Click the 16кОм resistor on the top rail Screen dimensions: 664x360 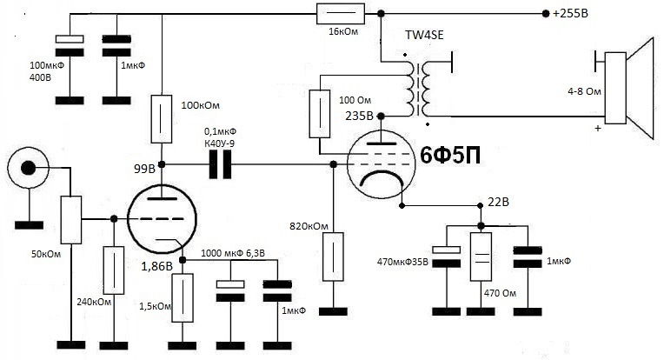[341, 14]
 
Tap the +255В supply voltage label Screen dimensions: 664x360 [570, 14]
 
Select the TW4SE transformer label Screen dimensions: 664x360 [424, 35]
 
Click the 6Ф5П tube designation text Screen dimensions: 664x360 [450, 157]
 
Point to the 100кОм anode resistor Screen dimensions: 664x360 [162, 118]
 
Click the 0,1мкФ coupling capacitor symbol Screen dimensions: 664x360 [220, 164]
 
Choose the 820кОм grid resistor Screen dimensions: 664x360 [333, 257]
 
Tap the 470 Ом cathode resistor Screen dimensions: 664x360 [481, 257]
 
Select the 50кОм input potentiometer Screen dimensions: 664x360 [71, 220]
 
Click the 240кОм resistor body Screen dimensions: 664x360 [114, 270]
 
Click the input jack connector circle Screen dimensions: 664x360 [29, 168]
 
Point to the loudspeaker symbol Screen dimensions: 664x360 [630, 88]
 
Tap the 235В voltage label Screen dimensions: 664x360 [359, 116]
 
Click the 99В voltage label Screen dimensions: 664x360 [144, 169]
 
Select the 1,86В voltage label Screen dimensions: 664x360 [156, 266]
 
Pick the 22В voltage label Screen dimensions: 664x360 [498, 202]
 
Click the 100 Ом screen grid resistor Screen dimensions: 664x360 [320, 114]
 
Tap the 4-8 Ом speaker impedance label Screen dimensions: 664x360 [584, 91]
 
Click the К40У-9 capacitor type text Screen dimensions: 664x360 [219, 143]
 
